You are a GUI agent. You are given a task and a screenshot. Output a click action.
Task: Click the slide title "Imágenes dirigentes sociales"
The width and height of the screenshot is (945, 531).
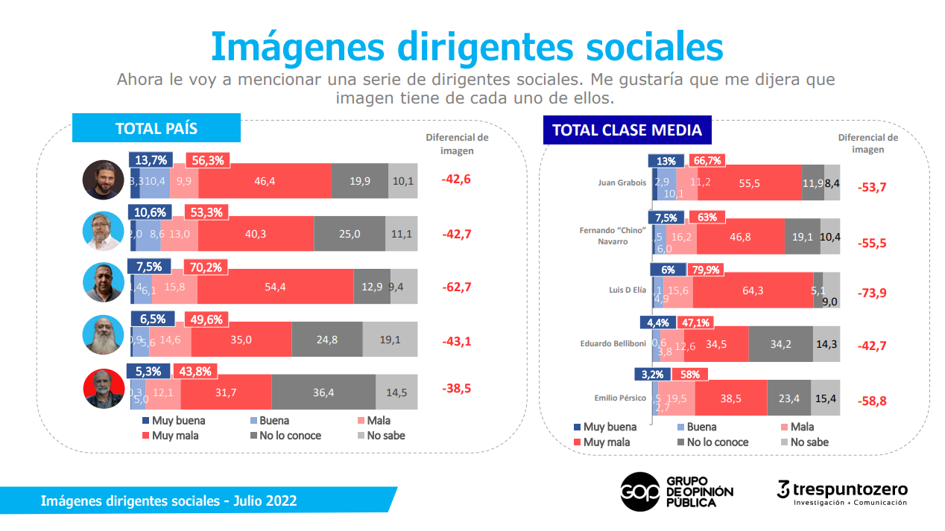[467, 46]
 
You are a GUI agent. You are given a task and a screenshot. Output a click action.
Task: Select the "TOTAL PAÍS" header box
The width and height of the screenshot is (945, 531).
[156, 128]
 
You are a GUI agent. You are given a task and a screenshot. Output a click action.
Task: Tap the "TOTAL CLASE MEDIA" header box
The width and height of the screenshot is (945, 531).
[627, 130]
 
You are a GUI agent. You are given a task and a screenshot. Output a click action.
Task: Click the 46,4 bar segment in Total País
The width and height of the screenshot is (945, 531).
[265, 181]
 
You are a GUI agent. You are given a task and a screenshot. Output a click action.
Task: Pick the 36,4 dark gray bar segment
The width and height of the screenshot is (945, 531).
[323, 392]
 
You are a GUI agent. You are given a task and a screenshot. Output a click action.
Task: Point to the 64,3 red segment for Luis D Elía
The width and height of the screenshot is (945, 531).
[753, 290]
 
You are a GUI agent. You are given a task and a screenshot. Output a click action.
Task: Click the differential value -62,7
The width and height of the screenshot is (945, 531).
[455, 287]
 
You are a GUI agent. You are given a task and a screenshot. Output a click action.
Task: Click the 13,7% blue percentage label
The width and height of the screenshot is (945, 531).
[151, 160]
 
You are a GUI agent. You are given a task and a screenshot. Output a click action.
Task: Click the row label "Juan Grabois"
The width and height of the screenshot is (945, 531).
[622, 182]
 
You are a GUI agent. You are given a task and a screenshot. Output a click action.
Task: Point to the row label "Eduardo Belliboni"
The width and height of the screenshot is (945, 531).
[613, 344]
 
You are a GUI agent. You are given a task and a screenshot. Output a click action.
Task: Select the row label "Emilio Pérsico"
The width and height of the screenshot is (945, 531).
[618, 398]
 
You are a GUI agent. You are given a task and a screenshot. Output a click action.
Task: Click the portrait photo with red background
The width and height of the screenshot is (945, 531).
[103, 389]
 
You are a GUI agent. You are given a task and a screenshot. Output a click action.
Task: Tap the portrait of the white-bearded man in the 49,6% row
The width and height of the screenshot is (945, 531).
[103, 335]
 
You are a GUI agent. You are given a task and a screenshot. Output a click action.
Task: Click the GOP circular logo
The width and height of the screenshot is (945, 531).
[639, 492]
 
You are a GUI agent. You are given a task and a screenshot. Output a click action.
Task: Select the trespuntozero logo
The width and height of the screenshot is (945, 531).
[841, 492]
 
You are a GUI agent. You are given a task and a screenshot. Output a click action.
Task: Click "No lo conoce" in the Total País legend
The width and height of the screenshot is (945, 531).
[289, 436]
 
